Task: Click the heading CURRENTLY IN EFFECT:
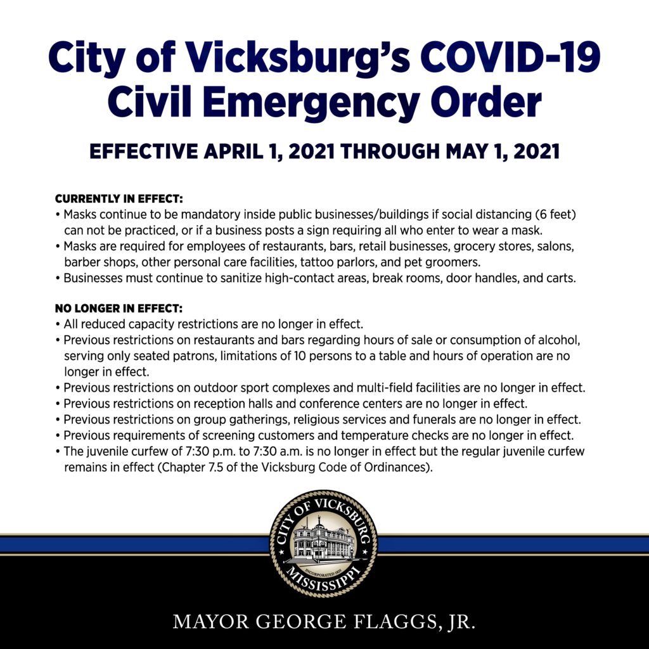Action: coord(119,200)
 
